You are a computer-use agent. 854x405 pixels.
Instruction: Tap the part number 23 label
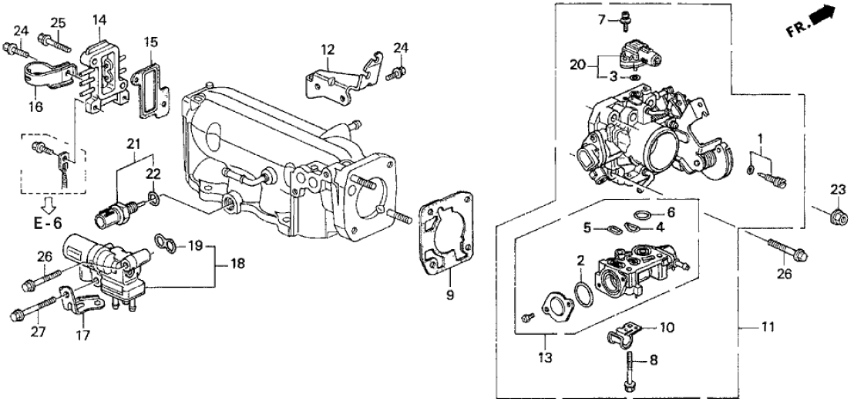(x=837, y=189)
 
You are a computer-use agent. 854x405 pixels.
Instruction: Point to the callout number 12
(x=329, y=50)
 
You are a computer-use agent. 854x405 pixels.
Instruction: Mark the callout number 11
(x=747, y=328)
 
